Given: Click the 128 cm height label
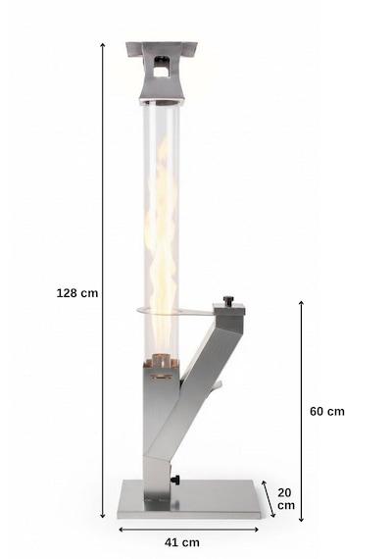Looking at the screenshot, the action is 77,293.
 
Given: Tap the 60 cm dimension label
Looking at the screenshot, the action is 327,412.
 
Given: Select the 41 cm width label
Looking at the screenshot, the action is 182,542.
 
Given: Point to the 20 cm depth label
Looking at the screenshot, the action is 286,499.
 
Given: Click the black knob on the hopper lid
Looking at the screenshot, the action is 227,300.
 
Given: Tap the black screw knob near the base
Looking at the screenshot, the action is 175,480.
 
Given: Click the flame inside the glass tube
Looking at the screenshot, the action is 161,246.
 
